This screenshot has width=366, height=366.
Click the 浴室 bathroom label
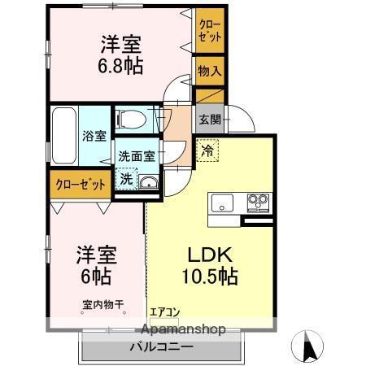point(94,137)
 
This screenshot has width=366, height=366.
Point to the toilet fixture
point(131,120)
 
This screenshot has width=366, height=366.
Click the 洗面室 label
point(137,156)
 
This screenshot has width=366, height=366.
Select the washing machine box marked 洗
point(125,179)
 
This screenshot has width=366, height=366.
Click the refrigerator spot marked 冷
point(207,150)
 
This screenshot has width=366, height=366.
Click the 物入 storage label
point(209,72)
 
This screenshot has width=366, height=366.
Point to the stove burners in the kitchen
point(257,200)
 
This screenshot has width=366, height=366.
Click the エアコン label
point(165,312)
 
